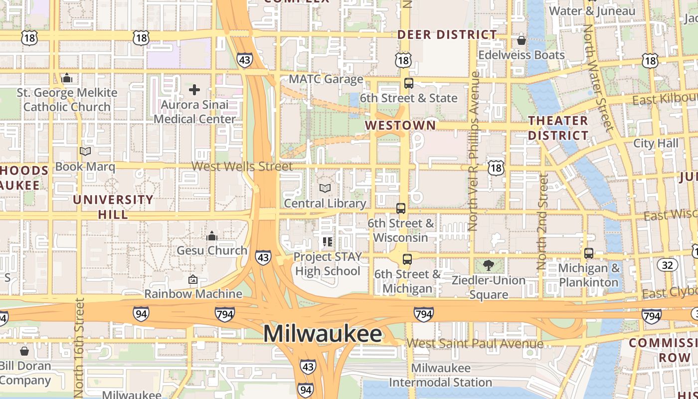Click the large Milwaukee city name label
pos(323,334)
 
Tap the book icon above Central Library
pos(325,188)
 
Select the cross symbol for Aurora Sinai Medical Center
pos(194,90)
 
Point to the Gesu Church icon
pos(212,235)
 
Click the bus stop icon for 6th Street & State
pos(409,83)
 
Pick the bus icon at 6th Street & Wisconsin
pos(401,208)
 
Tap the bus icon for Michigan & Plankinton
pos(589,253)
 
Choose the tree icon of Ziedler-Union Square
pos(489,265)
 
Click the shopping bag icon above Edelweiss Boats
pos(522,40)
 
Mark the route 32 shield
pos(668,264)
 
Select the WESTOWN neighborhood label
pos(400,125)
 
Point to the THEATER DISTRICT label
pos(558,128)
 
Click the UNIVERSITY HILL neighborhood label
pos(113,207)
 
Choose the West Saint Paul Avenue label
pos(475,343)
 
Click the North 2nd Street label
pos(542,222)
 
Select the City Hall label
pos(656,143)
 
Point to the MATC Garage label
pos(326,79)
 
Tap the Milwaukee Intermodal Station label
pos(440,376)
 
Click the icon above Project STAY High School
pos(328,242)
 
